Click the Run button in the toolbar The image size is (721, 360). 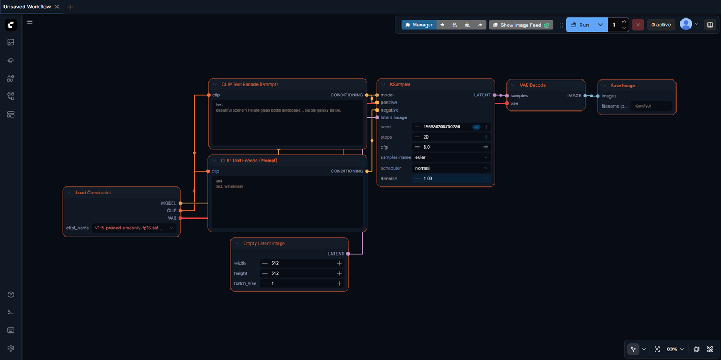coord(580,25)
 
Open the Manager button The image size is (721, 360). coord(419,25)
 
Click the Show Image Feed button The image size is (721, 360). coord(521,25)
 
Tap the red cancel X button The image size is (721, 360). coord(638,25)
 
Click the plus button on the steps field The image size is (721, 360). coord(486,137)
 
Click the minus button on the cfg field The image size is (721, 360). coord(417,147)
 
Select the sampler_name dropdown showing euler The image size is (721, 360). coord(451,157)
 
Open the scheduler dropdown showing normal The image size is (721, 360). coord(451,168)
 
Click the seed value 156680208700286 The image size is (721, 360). coord(442,127)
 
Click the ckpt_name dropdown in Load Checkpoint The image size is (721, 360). coord(134,228)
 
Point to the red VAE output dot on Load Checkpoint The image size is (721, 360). coord(181,218)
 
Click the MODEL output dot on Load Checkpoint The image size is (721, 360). coord(181,203)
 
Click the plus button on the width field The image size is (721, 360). coord(339,263)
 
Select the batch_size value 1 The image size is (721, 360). coord(272,283)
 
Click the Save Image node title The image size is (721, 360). coord(622,85)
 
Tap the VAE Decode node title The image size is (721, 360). coord(532,85)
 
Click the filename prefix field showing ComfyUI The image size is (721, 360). coord(651,106)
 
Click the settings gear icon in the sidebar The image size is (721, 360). coord(11,348)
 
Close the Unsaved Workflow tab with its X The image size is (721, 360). coord(57,7)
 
